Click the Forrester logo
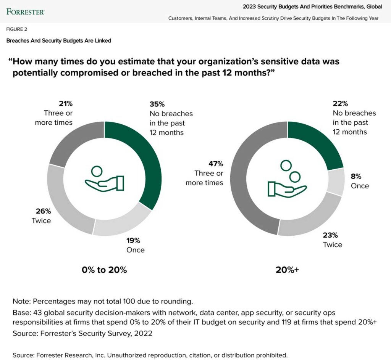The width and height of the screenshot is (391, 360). click(25, 11)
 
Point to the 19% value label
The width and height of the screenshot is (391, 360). click(133, 240)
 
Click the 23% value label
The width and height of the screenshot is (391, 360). click(330, 235)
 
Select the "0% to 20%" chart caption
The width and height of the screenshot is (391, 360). click(104, 270)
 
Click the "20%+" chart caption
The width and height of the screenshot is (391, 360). click(287, 270)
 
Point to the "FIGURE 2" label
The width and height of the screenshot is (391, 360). click(17, 29)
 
